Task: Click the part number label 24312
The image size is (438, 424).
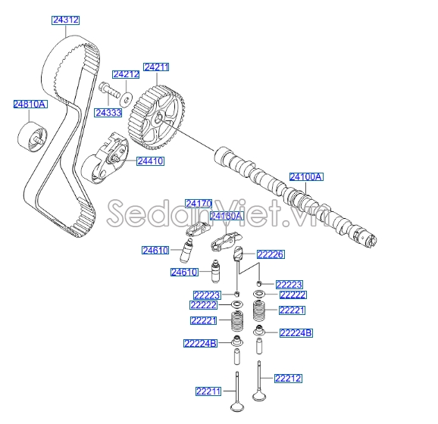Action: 66,20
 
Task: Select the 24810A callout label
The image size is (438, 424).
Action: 30,104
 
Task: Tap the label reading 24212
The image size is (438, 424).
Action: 126,74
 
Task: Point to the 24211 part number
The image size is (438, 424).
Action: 156,67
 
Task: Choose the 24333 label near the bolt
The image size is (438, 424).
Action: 108,112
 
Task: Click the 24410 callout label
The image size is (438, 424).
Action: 150,161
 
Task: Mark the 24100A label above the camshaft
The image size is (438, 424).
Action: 306,176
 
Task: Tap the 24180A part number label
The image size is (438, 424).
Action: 226,216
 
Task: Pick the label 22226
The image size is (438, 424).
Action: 271,254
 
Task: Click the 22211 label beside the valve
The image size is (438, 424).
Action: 207,391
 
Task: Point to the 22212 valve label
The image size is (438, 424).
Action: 287,378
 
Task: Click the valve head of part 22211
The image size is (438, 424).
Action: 238,407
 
